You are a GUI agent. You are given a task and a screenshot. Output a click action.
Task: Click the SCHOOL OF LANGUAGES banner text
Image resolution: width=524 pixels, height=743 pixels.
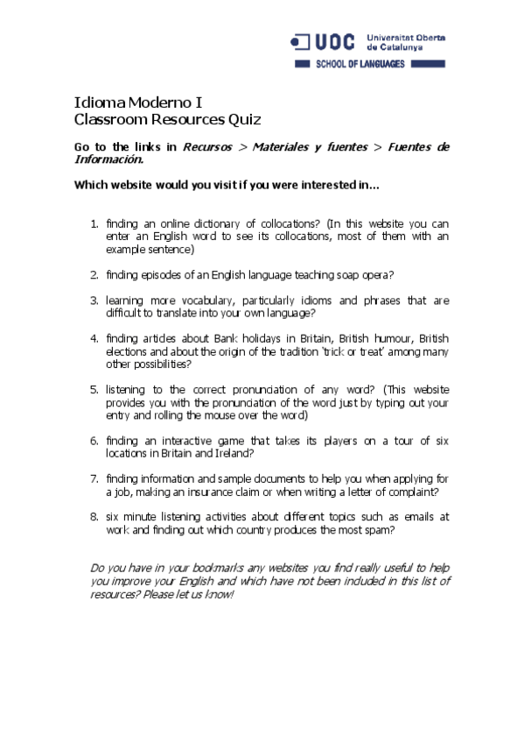pos(360,65)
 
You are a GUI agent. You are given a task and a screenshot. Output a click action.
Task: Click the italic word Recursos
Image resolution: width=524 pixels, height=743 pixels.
pos(207,147)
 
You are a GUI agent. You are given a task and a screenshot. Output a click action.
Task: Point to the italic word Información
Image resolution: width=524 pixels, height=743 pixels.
pos(108,159)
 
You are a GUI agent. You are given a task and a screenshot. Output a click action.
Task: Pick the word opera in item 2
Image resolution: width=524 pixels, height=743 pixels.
pos(374,274)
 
